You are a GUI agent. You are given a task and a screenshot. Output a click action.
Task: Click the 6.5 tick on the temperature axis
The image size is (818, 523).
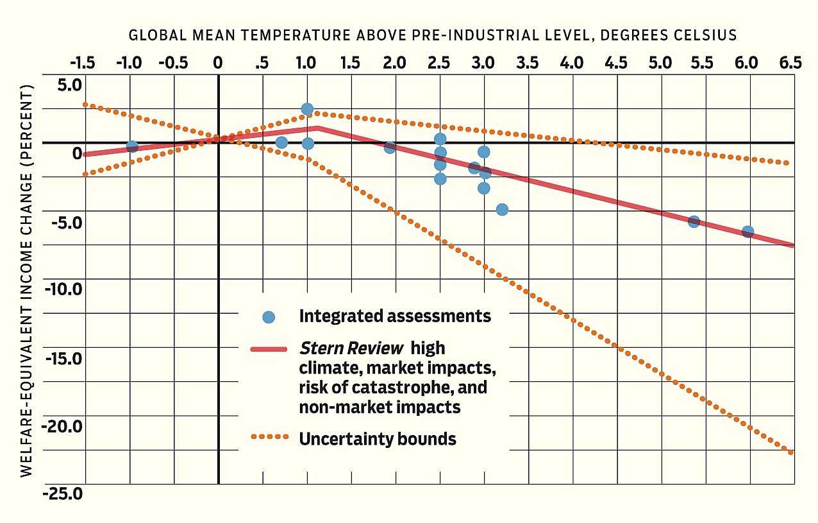pos(790,63)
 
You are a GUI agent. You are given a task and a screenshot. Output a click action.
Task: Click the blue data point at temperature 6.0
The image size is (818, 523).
pos(747,232)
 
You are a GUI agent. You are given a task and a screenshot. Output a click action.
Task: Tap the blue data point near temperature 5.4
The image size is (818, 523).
pos(694,221)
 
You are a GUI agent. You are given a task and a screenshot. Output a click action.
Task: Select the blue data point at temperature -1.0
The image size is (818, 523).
pos(132,147)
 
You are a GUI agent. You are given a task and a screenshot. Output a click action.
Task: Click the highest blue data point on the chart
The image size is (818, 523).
pos(307,109)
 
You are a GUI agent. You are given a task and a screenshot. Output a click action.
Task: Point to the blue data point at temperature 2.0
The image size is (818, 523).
pos(390,148)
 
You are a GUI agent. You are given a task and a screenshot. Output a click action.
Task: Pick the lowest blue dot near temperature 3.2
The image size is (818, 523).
pos(502,209)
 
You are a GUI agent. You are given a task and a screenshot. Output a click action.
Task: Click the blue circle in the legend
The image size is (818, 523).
pos(269,316)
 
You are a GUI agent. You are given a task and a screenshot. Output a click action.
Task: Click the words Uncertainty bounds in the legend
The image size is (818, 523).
pos(378,439)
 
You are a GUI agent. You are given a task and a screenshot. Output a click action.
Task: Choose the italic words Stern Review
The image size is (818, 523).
pos(351,348)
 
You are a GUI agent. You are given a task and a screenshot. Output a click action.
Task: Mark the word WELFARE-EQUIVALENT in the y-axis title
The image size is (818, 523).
pos(27,410)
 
